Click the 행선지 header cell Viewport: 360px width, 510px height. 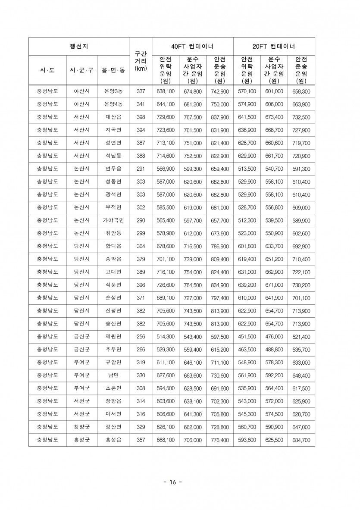[79, 46]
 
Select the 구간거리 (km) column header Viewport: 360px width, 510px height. [141, 61]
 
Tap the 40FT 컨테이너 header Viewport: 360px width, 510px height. [192, 46]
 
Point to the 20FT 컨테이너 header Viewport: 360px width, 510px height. [274, 46]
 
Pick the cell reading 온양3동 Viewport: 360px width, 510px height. [113, 91]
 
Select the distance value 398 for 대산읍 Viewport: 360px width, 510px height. [141, 117]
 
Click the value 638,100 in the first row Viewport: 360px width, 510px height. [166, 91]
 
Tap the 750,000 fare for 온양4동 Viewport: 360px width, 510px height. [220, 104]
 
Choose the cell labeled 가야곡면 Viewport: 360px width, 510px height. [113, 220]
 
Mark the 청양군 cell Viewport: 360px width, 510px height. [81, 427]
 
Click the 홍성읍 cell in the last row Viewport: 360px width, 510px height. [113, 440]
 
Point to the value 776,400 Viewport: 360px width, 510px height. [220, 440]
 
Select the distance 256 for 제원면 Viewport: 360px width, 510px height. [141, 337]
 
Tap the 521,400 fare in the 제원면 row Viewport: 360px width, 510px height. [301, 337]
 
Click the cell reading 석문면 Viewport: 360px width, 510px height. [113, 285]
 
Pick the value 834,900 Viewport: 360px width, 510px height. [220, 285]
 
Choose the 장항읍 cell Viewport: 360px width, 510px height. [113, 401]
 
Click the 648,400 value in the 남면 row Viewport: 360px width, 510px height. [301, 375]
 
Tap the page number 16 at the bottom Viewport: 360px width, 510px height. [173, 482]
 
